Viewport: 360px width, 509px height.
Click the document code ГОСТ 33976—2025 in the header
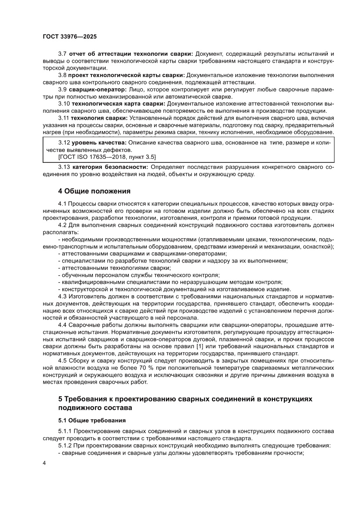coord(70,37)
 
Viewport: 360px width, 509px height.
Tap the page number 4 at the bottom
coord(44,474)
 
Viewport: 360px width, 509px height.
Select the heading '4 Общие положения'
coord(94,191)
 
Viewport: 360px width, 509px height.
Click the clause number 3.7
coord(62,54)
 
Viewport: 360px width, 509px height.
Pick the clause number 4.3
coord(62,297)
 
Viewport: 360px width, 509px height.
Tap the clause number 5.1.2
coord(65,445)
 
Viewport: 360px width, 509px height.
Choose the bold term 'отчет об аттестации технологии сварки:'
coord(131,54)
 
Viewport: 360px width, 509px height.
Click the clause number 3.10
coord(64,104)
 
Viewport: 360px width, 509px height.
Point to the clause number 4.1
coord(62,203)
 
